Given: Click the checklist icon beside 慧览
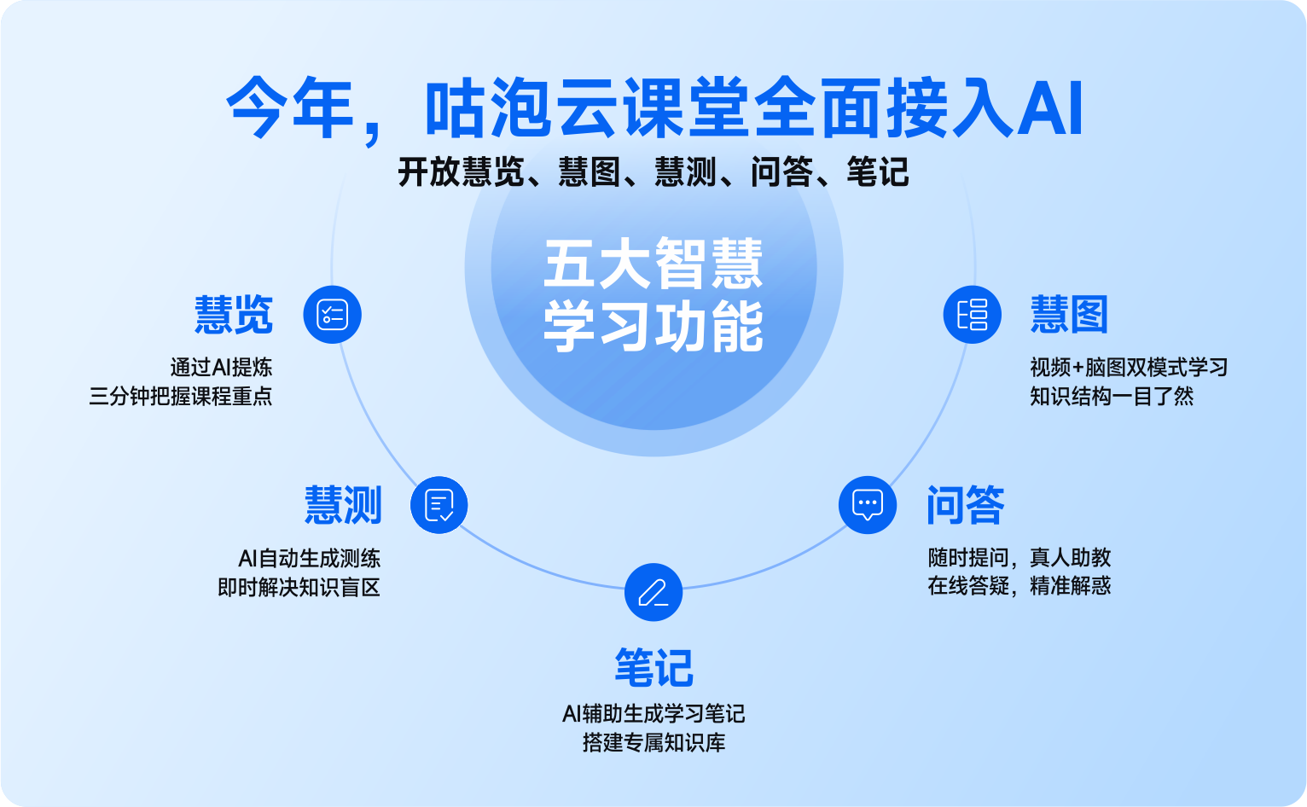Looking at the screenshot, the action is pyautogui.click(x=332, y=315).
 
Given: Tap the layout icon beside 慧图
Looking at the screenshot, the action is pyautogui.click(x=972, y=315).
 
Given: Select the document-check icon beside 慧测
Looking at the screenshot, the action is pyautogui.click(x=439, y=505).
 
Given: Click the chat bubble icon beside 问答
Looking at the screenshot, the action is pyautogui.click(x=867, y=505).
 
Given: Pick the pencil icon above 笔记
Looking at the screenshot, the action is pyautogui.click(x=653, y=592).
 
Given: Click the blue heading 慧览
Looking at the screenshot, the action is pyautogui.click(x=234, y=315).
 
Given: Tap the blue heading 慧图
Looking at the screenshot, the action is pyautogui.click(x=1069, y=315).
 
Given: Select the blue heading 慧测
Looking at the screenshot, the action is pyautogui.click(x=343, y=505).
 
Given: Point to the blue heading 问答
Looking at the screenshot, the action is pyautogui.click(x=966, y=505).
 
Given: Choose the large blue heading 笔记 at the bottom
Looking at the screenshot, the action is pyautogui.click(x=654, y=667).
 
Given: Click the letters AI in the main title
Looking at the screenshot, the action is pyautogui.click(x=1050, y=109).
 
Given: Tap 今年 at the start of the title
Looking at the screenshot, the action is pyautogui.click(x=290, y=108).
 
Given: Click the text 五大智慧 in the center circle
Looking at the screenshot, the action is pyautogui.click(x=653, y=263).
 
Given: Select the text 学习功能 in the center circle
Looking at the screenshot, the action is pyautogui.click(x=653, y=326).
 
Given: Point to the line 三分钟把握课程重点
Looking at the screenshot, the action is pyautogui.click(x=180, y=396).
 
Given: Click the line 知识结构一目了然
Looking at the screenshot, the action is pyautogui.click(x=1112, y=396).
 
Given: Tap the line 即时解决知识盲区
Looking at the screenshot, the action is pyautogui.click(x=299, y=587).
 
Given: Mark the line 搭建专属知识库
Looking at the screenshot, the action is pyautogui.click(x=654, y=742).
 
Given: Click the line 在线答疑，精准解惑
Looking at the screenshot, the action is pyautogui.click(x=1019, y=585).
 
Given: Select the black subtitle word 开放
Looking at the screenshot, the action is pyautogui.click(x=429, y=172).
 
